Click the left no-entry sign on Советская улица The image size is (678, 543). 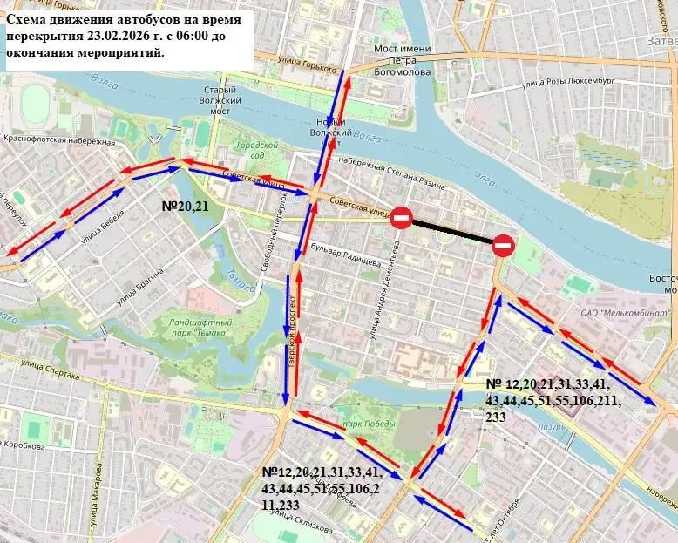[401, 217]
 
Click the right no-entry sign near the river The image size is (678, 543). [504, 246]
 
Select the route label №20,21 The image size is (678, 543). [186, 207]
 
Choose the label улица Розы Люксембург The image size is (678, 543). [569, 84]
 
